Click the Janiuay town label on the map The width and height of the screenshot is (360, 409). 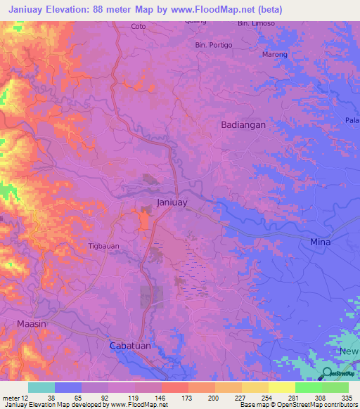[172, 202]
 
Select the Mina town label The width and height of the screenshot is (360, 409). [320, 242]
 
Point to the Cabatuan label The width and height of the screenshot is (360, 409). [131, 346]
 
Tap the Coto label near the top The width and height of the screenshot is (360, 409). [139, 27]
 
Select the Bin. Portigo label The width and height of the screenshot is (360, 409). [214, 45]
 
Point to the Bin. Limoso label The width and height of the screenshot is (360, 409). [257, 23]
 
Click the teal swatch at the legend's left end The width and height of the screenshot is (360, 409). [41, 387]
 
